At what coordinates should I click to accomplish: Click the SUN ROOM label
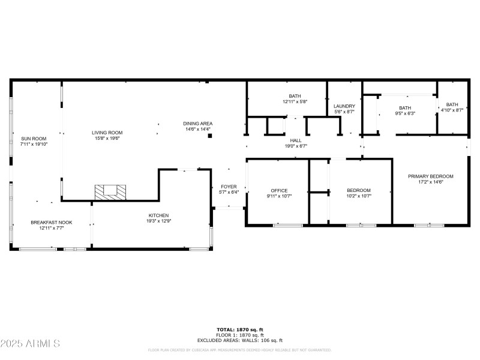pyautogui.click(x=33, y=138)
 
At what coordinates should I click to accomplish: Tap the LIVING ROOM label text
pyautogui.click(x=107, y=133)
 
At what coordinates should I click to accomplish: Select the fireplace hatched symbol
pyautogui.click(x=111, y=191)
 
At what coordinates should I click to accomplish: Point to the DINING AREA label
pyautogui.click(x=198, y=124)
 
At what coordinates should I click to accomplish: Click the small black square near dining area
pyautogui.click(x=210, y=136)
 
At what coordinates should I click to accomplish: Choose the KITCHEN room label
pyautogui.click(x=159, y=215)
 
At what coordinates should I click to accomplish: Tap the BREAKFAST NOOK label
pyautogui.click(x=47, y=223)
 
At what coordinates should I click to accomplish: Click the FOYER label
pyautogui.click(x=229, y=187)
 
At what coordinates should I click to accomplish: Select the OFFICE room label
pyautogui.click(x=278, y=190)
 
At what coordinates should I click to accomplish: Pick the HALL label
pyautogui.click(x=295, y=140)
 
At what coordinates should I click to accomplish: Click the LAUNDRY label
pyautogui.click(x=344, y=106)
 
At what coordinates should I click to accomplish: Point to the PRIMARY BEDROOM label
pyautogui.click(x=430, y=176)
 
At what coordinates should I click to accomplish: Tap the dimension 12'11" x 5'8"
pyautogui.click(x=295, y=101)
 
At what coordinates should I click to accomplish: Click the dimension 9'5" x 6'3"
pyautogui.click(x=405, y=113)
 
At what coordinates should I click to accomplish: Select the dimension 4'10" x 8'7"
pyautogui.click(x=452, y=110)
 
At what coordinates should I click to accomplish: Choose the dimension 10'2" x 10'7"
pyautogui.click(x=359, y=196)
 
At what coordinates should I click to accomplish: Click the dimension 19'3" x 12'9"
pyautogui.click(x=159, y=221)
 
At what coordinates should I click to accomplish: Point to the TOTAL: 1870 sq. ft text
pyautogui.click(x=240, y=329)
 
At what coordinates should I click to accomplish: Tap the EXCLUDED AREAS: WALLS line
pyautogui.click(x=240, y=340)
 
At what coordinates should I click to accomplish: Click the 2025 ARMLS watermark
pyautogui.click(x=30, y=344)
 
